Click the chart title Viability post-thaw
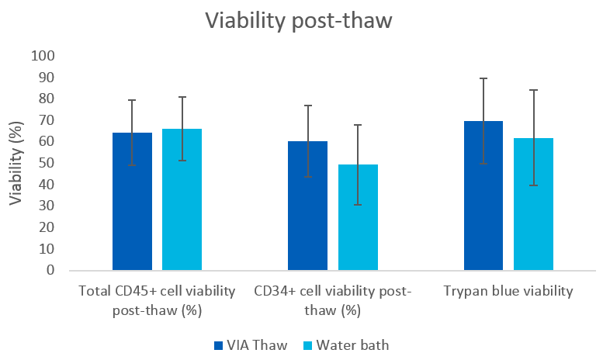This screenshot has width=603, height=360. [299, 21]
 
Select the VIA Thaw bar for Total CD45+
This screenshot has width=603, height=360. [132, 202]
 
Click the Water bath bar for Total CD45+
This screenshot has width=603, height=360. [182, 200]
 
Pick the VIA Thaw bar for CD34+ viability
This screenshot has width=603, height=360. [307, 206]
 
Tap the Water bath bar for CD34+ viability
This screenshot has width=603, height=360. [357, 218]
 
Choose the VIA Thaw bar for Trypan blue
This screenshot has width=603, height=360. [483, 196]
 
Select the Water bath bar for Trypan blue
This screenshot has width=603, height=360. [533, 205]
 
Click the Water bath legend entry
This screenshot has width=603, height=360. [360, 344]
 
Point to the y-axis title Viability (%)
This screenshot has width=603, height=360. [16, 164]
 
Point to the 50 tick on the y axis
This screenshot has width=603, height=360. [46, 164]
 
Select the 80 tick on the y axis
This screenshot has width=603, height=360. [46, 99]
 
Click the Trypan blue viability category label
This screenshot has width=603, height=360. [508, 292]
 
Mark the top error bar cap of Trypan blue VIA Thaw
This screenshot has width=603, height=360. [483, 78]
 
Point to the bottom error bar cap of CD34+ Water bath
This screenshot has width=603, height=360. [357, 205]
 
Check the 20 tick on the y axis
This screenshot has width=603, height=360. [46, 228]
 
